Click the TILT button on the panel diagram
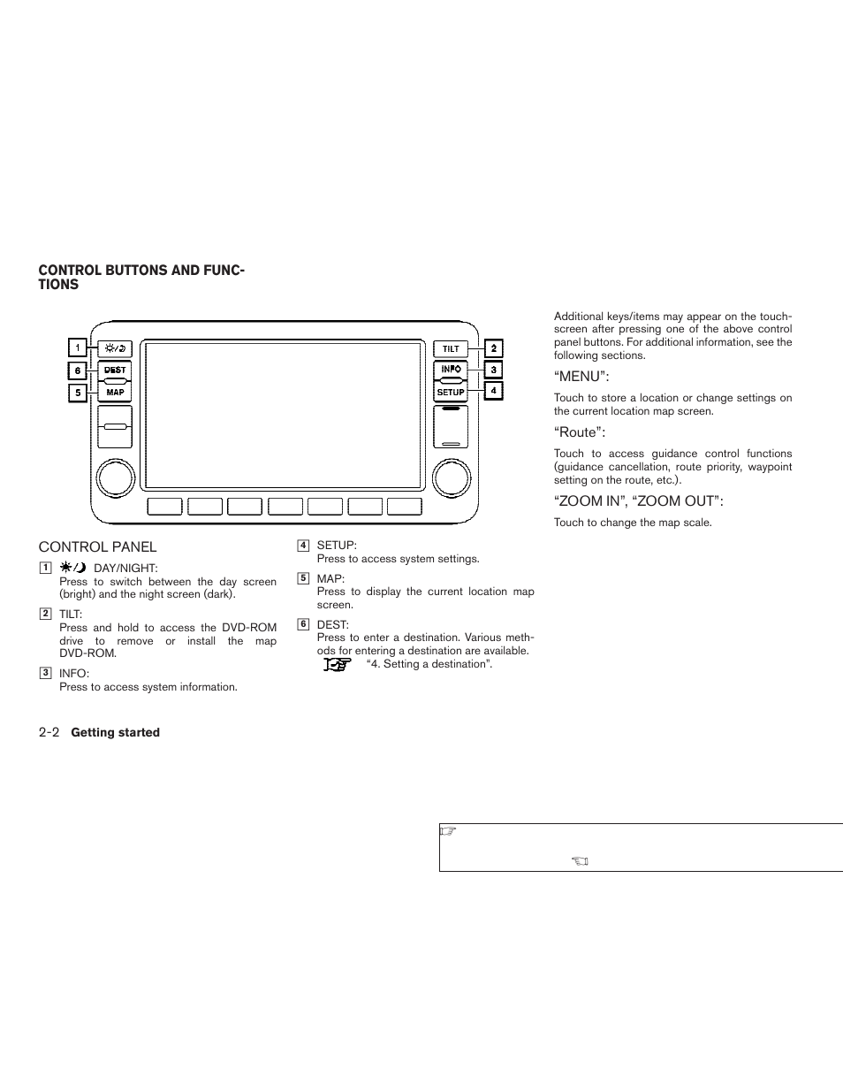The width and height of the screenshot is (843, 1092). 451,348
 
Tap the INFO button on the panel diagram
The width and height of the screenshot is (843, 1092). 451,370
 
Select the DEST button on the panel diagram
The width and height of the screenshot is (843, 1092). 115,370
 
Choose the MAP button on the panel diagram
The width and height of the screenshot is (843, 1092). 115,392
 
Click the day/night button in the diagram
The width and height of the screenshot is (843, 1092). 115,348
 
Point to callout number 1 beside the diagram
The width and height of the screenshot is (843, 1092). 78,348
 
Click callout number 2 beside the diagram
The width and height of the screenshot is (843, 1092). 493,348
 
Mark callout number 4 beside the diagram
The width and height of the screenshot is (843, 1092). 493,390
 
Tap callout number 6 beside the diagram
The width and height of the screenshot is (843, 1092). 78,371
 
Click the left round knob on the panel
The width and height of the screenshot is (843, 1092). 115,477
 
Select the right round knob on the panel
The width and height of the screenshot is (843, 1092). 451,477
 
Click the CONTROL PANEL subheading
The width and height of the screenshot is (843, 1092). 97,547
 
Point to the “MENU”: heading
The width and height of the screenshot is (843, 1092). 581,377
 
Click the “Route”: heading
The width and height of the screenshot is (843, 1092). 580,432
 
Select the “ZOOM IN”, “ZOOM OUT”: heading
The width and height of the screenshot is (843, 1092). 638,501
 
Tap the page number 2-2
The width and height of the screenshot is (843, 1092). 49,732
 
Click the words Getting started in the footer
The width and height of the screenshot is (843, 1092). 115,733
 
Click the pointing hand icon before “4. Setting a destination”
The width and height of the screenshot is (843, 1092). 337,664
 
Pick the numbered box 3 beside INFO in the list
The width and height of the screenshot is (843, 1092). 45,673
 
